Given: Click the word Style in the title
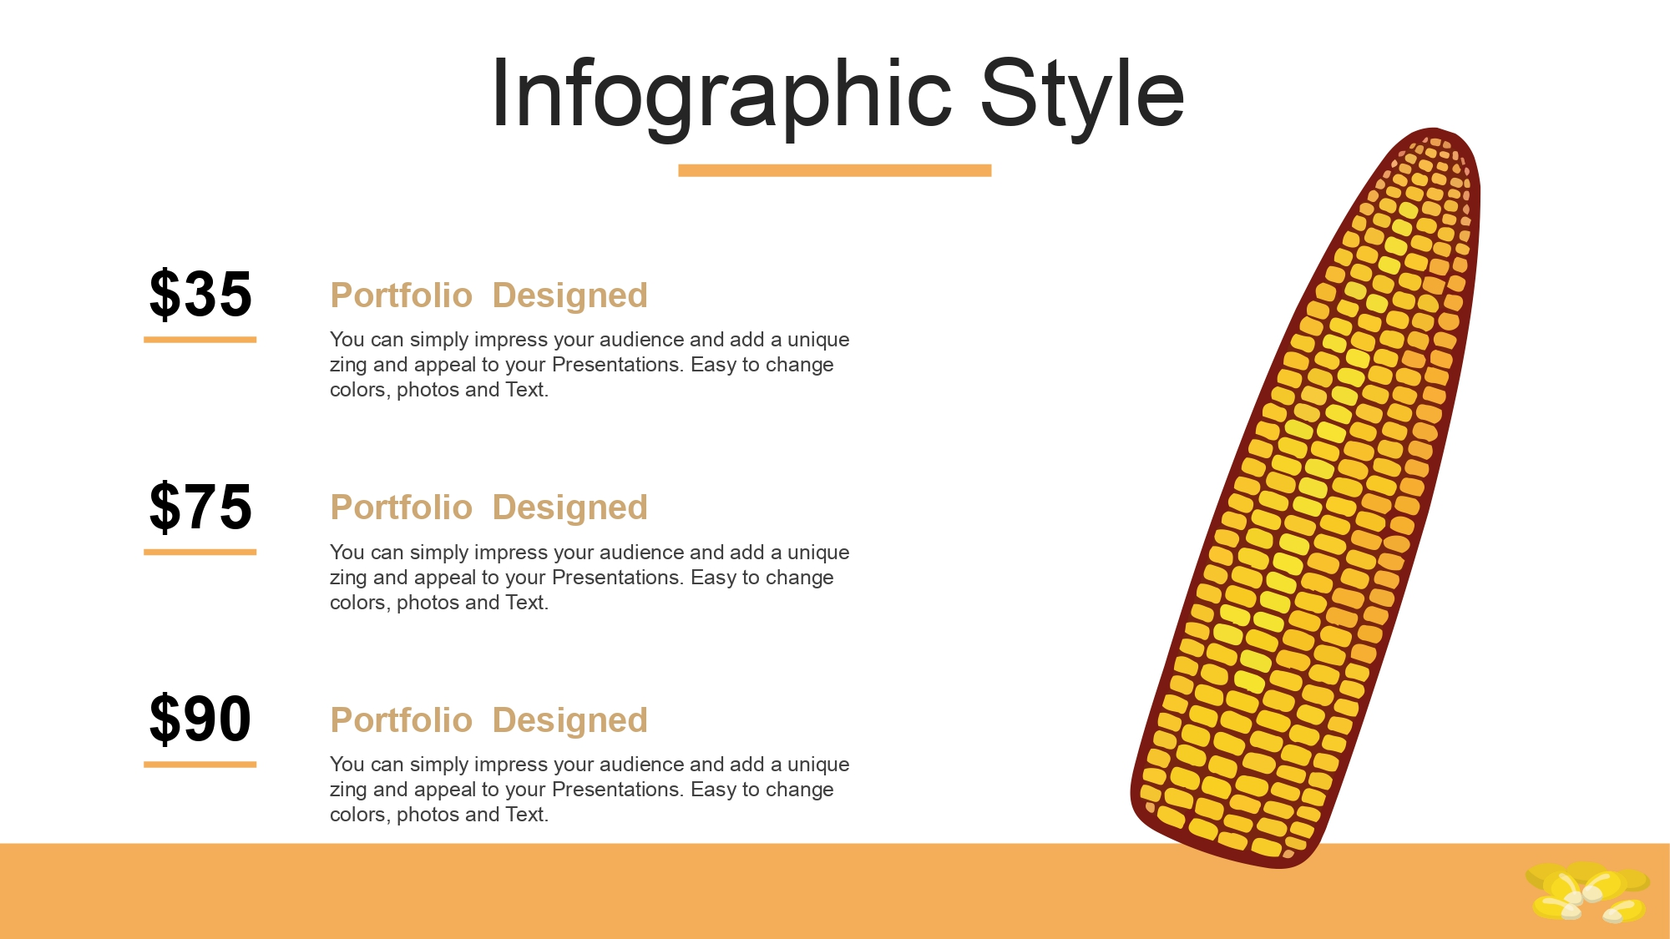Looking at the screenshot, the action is pos(1082,94).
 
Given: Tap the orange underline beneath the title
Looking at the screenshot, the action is pos(835,170).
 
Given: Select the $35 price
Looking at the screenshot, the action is pos(200,294).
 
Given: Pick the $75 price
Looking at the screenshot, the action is pos(200,507).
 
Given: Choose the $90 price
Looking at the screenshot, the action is pos(200,719).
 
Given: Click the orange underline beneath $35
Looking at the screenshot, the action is pos(200,340).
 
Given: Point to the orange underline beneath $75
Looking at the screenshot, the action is pos(200,552).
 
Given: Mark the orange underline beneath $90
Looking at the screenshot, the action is pos(200,764).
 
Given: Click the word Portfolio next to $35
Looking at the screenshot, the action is pos(402,295).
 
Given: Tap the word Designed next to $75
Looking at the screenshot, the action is pos(570,508).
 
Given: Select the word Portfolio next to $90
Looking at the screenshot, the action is pos(402,720).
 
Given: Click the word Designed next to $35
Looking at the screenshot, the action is pos(570,296).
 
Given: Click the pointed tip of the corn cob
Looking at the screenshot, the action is pos(1435,130).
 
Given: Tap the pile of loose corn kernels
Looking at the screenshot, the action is pos(1587,892).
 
